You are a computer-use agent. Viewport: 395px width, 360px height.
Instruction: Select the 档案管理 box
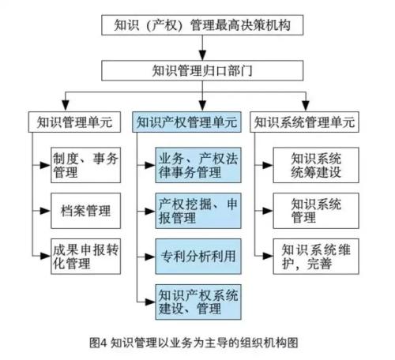[x=85, y=211]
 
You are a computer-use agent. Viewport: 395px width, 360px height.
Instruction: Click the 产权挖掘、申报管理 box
[x=199, y=211]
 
